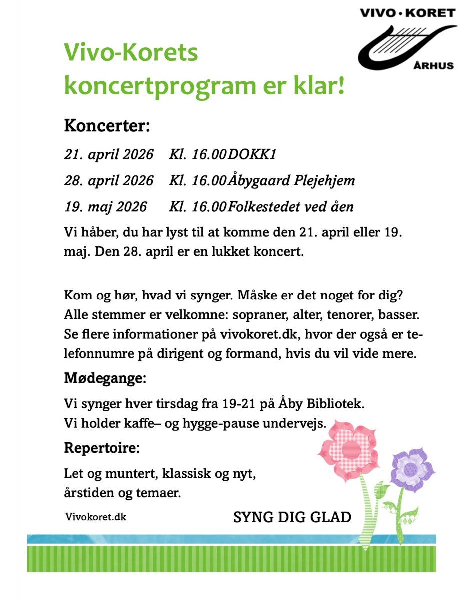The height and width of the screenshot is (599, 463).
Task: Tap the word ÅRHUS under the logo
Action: click(435, 65)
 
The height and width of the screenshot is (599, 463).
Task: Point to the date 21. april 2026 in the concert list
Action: click(109, 154)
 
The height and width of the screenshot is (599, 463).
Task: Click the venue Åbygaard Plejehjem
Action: click(292, 180)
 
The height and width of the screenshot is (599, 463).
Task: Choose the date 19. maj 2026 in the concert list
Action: click(105, 206)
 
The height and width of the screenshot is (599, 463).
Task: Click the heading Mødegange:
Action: click(105, 378)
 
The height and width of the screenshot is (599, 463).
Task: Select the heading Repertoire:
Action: click(102, 448)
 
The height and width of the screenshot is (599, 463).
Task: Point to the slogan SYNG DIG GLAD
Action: click(292, 517)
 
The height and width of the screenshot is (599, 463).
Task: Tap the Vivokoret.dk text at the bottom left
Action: click(95, 517)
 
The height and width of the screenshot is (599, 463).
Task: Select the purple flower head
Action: click(411, 468)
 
